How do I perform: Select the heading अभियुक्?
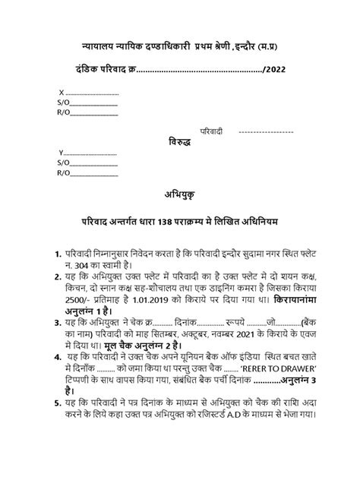(180, 194)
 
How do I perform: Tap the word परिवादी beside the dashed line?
(212, 132)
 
